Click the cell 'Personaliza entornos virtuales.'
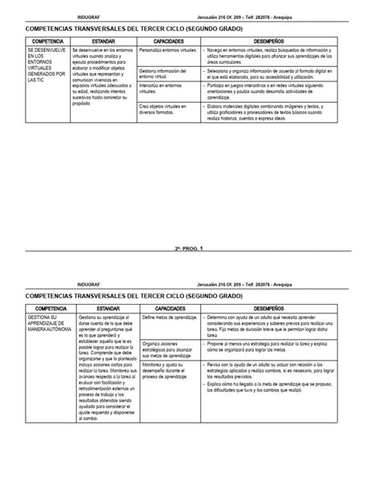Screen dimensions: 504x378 tap(166, 49)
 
